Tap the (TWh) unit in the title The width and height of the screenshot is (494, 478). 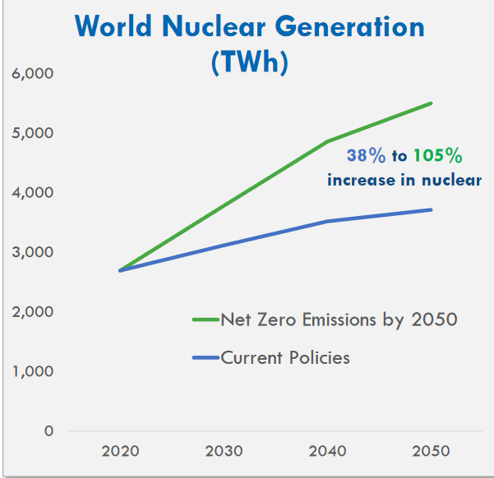(x=249, y=62)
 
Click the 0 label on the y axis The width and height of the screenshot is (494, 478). (x=48, y=430)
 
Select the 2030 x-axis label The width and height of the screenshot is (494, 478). (x=224, y=451)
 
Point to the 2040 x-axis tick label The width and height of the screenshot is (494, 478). (x=327, y=451)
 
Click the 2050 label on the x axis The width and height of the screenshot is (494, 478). (x=430, y=451)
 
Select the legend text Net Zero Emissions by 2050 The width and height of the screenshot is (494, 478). (x=339, y=319)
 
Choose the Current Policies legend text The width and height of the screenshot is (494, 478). (x=285, y=357)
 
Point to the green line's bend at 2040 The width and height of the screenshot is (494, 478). (x=328, y=142)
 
